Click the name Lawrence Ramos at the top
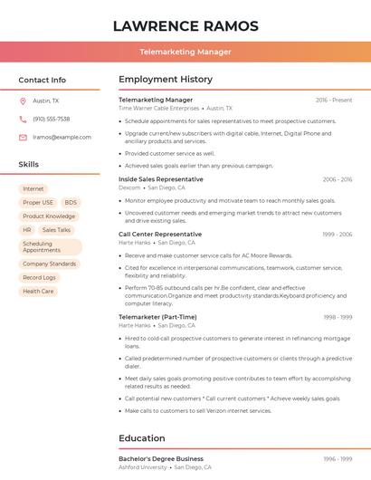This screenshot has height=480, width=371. pos(185,26)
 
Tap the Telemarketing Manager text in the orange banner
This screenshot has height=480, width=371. pos(185,52)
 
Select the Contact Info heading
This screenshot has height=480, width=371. pos(42,80)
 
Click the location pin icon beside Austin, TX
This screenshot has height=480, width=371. pos(23,101)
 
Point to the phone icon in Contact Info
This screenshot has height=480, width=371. pos(23,120)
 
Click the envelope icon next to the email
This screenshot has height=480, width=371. pos(23,138)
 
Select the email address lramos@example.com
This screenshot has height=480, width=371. pos(62,138)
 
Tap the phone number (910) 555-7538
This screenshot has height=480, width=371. pos(51,120)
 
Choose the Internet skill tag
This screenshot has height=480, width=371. pos(33,189)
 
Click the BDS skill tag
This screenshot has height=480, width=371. pos(71,203)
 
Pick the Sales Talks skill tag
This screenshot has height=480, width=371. pos(56,230)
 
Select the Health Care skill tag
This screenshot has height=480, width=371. pos(38,292)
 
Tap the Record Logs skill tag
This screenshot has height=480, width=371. pos(39,278)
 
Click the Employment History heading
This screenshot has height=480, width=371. pos(165,80)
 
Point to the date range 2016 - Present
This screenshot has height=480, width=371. pos(334,100)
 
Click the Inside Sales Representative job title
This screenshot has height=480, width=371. pos(160,179)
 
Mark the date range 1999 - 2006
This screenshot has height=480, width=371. pos(338,235)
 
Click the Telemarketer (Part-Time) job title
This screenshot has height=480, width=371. pos(157,317)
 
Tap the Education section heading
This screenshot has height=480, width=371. pos(141,438)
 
